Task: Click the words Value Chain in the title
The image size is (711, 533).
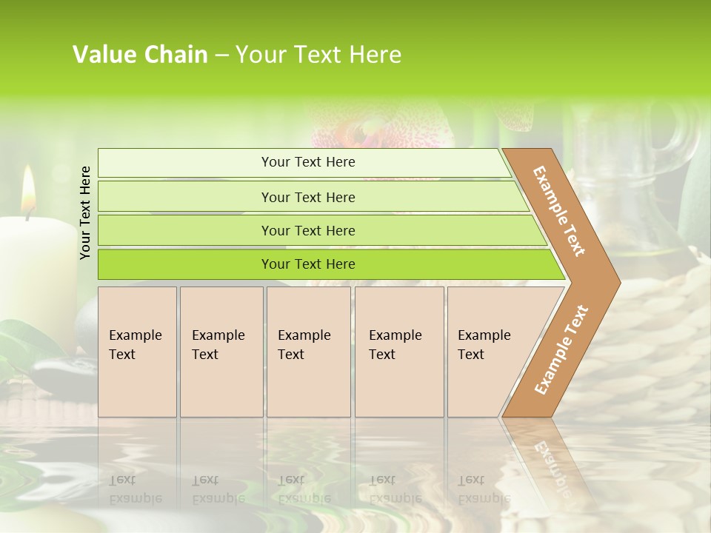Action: [140, 55]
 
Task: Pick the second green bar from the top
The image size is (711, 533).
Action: [308, 197]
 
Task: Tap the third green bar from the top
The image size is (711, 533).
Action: [308, 230]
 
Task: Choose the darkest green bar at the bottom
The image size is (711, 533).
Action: [308, 264]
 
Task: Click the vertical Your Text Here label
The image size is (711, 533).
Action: [85, 212]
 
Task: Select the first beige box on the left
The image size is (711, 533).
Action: [137, 352]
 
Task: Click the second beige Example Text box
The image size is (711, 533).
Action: [221, 352]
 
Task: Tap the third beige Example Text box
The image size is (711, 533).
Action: [308, 352]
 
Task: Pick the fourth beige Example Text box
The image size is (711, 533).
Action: [399, 352]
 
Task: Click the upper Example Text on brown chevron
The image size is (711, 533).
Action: [559, 211]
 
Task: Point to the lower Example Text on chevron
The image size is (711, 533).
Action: [561, 349]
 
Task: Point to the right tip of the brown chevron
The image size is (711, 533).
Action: [618, 282]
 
